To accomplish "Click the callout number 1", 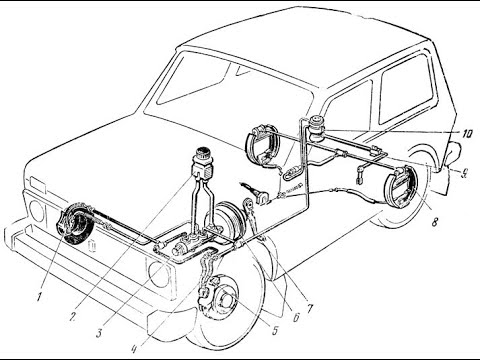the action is (x=39, y=296).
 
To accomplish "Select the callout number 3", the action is (x=99, y=333).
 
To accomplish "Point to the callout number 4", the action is (x=134, y=348).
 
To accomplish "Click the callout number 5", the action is (x=275, y=330).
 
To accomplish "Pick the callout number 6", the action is (x=295, y=317).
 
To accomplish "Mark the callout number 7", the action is (x=310, y=309).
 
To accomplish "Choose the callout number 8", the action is (x=434, y=222).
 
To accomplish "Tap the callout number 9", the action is (x=464, y=172).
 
